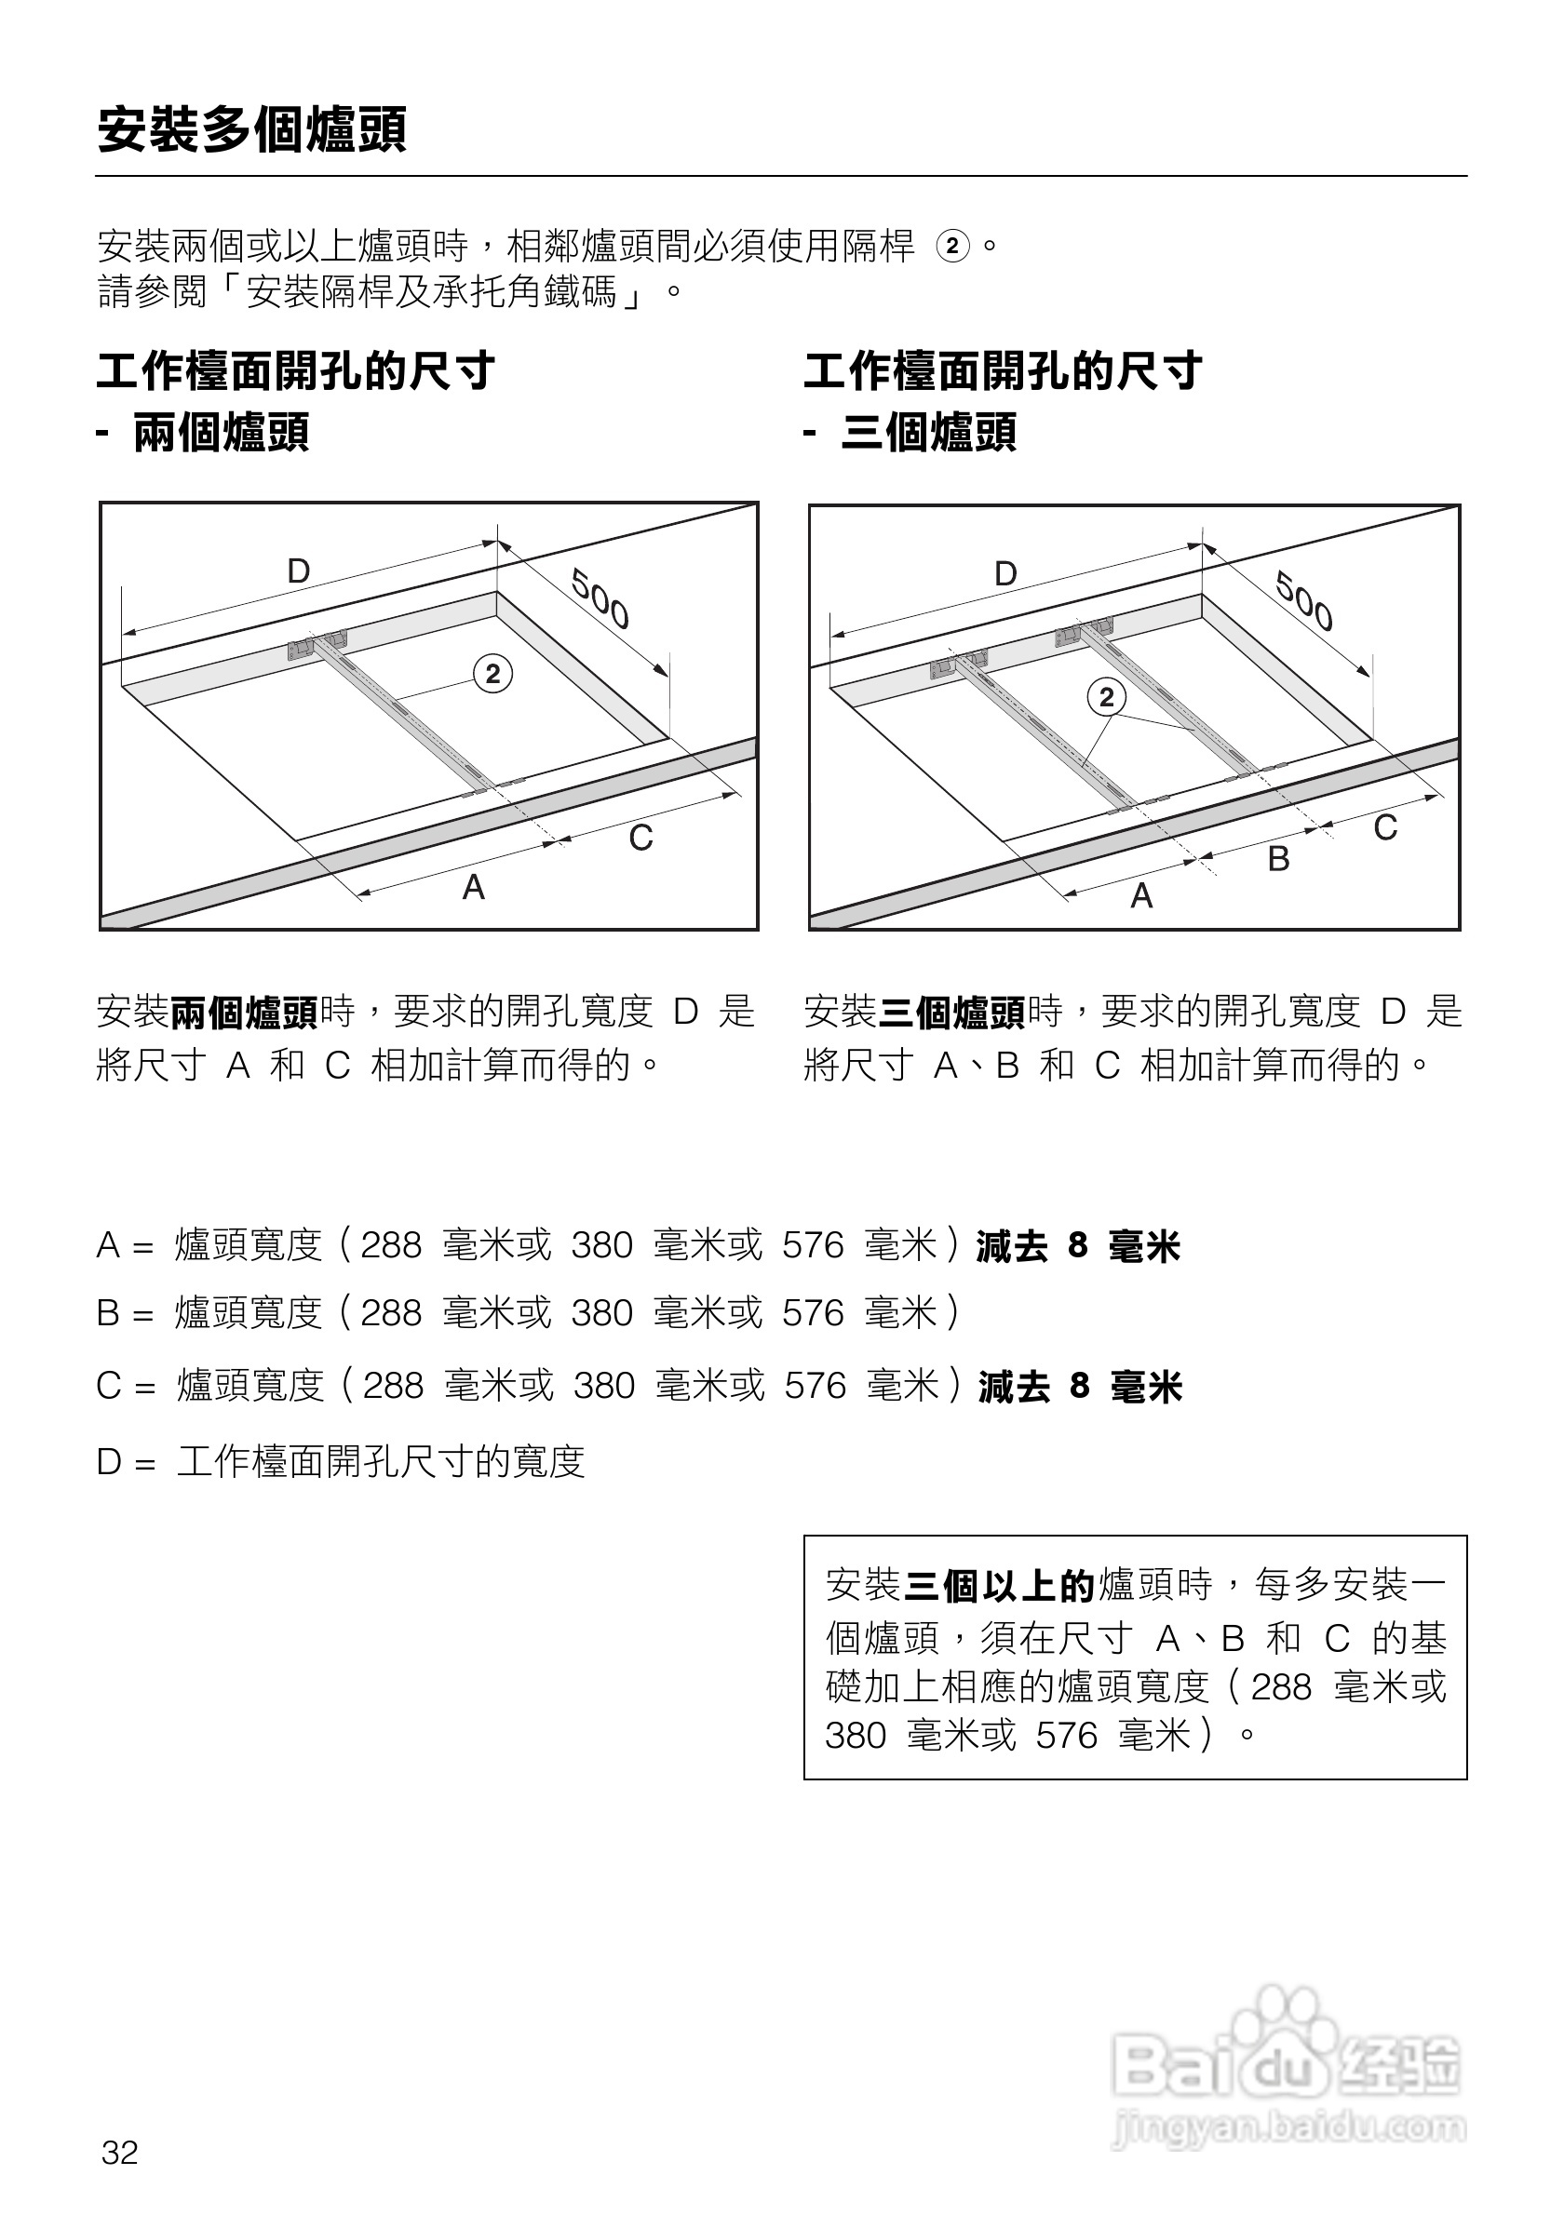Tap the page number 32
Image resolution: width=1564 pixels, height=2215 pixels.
pos(120,2153)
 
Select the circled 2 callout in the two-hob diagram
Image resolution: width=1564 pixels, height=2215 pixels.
pos(493,674)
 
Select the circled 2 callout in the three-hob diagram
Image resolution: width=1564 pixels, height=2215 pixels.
pos(1107,696)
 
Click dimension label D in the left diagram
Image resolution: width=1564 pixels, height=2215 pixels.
pos(298,571)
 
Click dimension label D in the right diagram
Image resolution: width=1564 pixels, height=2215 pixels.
pos(1005,574)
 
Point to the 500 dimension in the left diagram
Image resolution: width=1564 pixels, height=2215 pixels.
pos(600,599)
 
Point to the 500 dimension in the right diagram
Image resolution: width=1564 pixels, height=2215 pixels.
pos(1304,601)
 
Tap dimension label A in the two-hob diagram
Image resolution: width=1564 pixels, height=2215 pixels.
pos(473,887)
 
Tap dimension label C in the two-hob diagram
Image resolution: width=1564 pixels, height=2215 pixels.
pos(640,838)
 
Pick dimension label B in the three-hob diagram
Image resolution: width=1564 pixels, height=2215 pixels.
pos(1278,858)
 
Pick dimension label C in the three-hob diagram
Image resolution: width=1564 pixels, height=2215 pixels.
pos(1384,826)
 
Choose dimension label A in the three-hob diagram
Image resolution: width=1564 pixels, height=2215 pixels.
pos(1141,895)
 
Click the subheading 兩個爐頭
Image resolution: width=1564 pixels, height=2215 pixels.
pos(221,431)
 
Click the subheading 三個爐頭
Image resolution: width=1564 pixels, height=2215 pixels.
pos(928,431)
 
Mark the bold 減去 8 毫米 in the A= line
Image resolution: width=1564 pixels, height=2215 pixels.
pos(1078,1246)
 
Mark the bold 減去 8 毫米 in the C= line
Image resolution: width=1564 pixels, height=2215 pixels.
pos(1080,1387)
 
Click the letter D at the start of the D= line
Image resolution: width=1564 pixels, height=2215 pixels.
pos(108,1461)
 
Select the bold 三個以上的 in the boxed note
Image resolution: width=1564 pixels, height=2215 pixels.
pos(999,1586)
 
